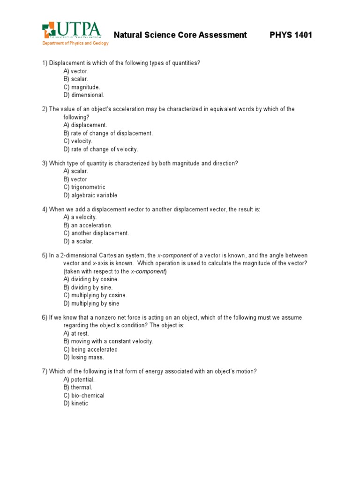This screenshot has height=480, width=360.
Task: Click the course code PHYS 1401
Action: [x=291, y=35]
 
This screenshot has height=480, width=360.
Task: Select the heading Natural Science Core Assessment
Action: [x=180, y=35]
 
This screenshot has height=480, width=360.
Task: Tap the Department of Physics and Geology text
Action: [x=75, y=43]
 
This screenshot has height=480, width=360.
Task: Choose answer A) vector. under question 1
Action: [x=76, y=71]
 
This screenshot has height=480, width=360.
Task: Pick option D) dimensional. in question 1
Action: [x=84, y=95]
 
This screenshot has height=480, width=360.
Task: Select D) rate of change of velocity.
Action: [x=101, y=149]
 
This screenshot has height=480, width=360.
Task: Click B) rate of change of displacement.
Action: [x=108, y=133]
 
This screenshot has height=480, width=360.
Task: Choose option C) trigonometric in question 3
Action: [x=84, y=187]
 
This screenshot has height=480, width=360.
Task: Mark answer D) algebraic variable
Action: [x=90, y=195]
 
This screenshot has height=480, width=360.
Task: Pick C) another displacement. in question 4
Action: [x=96, y=233]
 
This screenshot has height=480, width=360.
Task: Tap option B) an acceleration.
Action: [x=88, y=225]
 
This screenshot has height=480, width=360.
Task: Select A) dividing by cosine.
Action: [x=91, y=279]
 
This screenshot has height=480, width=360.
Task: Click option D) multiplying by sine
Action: [x=91, y=303]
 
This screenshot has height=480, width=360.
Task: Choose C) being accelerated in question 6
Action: [x=90, y=349]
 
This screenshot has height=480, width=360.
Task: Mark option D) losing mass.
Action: [x=83, y=357]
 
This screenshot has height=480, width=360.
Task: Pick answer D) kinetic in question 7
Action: [x=76, y=403]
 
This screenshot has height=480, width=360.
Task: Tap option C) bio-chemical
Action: [x=84, y=395]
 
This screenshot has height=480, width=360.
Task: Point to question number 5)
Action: [x=45, y=255]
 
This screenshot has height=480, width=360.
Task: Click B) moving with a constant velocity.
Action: [x=108, y=341]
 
